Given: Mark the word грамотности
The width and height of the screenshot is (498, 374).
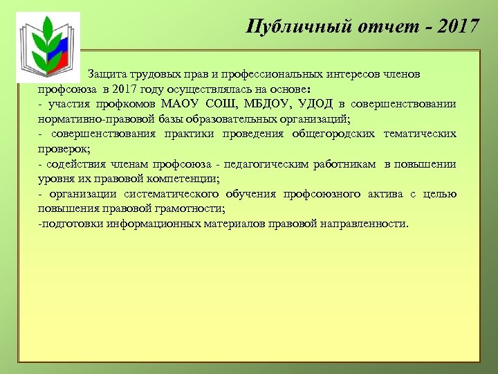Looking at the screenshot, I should (x=187, y=208).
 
